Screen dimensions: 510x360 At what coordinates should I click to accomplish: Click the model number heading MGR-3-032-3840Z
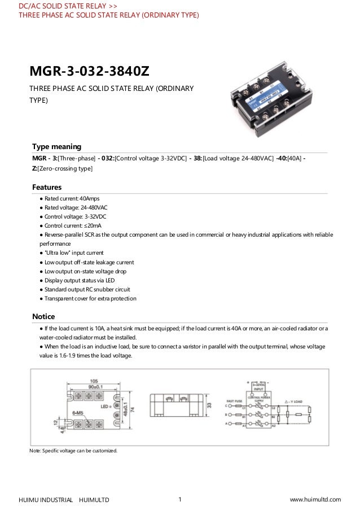[90, 71]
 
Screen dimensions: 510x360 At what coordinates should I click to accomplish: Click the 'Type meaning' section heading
[56, 146]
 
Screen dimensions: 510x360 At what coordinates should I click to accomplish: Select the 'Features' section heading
[47, 187]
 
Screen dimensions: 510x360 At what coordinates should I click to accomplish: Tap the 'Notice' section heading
[43, 316]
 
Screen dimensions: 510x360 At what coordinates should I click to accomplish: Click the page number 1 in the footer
[179, 499]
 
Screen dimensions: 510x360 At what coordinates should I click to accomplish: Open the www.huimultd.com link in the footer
[315, 499]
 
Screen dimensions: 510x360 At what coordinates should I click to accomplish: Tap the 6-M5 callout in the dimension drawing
[80, 415]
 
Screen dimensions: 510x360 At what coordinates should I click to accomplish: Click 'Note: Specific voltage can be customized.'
[73, 450]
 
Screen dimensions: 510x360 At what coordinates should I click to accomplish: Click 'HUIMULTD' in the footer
[94, 500]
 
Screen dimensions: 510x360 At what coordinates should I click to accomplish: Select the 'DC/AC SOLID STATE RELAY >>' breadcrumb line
[68, 6]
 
